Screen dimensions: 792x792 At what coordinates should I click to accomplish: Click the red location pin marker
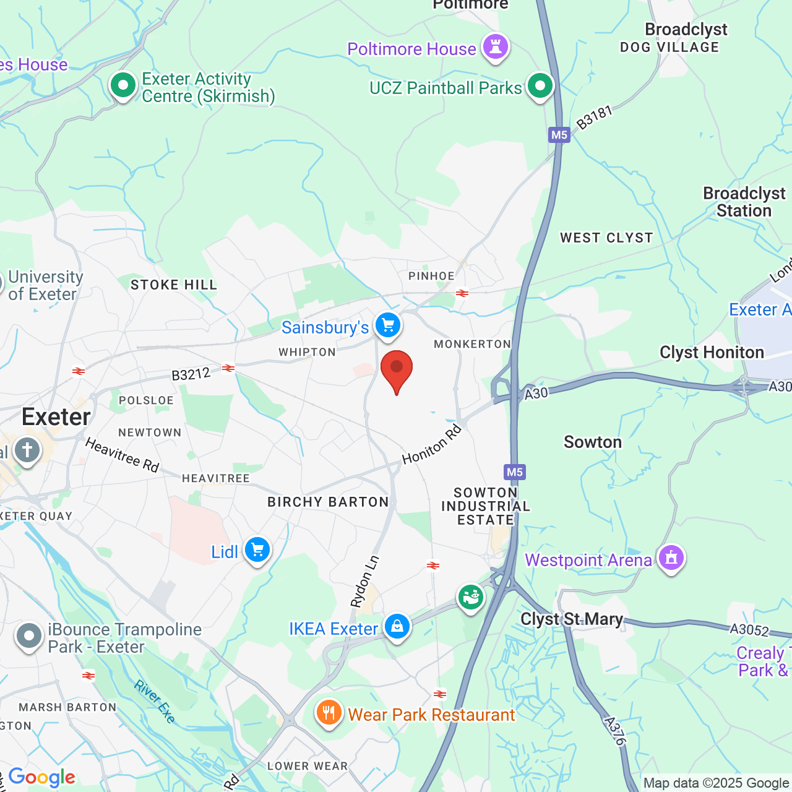tap(397, 369)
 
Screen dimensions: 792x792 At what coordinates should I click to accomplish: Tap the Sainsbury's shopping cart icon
tap(388, 325)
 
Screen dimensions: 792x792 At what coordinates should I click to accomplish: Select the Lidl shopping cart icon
tap(257, 549)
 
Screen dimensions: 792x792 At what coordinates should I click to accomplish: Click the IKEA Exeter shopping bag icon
tap(397, 626)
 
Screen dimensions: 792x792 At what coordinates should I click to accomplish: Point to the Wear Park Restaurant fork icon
tap(329, 713)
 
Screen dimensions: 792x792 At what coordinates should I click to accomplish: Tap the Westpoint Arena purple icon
tap(671, 557)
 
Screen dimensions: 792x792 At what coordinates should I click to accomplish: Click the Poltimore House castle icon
tap(495, 46)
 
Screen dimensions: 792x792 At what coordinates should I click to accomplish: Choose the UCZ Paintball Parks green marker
tap(540, 85)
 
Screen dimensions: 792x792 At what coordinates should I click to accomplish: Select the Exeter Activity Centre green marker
tap(123, 85)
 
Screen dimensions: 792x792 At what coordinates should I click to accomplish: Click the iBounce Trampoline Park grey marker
tap(28, 636)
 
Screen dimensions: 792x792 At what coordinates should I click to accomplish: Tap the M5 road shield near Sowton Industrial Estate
tap(514, 472)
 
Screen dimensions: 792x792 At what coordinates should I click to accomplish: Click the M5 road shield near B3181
tap(559, 135)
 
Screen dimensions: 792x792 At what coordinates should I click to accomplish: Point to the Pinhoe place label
tap(431, 276)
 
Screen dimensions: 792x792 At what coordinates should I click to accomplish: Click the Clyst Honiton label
tap(712, 353)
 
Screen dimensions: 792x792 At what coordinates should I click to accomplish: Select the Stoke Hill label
tap(174, 285)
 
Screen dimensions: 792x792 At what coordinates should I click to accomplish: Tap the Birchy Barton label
tap(328, 502)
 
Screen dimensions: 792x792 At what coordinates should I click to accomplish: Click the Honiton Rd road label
tap(432, 444)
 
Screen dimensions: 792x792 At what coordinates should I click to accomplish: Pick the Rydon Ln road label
tap(364, 582)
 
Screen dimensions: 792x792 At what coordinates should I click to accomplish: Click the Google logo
tap(41, 777)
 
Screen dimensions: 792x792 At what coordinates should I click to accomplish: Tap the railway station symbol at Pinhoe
tap(462, 293)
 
